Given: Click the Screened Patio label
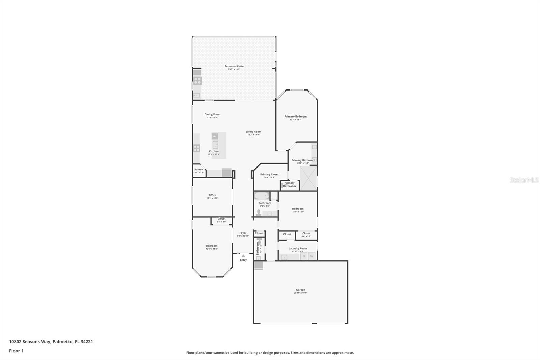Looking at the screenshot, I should pos(234,66).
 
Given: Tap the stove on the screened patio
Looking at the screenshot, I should pos(197,80).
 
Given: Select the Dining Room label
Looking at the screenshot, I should pos(212,114).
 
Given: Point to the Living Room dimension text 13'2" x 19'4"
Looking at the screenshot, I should pos(253,135).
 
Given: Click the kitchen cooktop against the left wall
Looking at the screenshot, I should pos(196,148).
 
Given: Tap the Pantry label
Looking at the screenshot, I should pos(199,170).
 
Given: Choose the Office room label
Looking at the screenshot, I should pos(212,195).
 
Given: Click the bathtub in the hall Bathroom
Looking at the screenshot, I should pos(262,196).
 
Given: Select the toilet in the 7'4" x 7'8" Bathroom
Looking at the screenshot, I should pos(259,213).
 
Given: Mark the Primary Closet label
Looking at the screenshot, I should pos(269,174).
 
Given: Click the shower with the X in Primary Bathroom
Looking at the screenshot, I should pos(308,178).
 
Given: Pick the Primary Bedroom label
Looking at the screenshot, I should pos(295,117).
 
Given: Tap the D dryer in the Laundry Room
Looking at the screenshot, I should pos(304,256).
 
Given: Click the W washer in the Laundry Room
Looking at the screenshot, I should pos(312,256).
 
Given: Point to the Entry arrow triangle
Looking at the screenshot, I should pos(243,256).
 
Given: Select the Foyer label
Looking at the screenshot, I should pos(243,233).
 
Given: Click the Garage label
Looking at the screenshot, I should pos(300,290).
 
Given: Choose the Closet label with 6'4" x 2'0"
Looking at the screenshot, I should pos(221,219).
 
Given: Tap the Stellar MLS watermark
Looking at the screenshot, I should pos(524,180).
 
